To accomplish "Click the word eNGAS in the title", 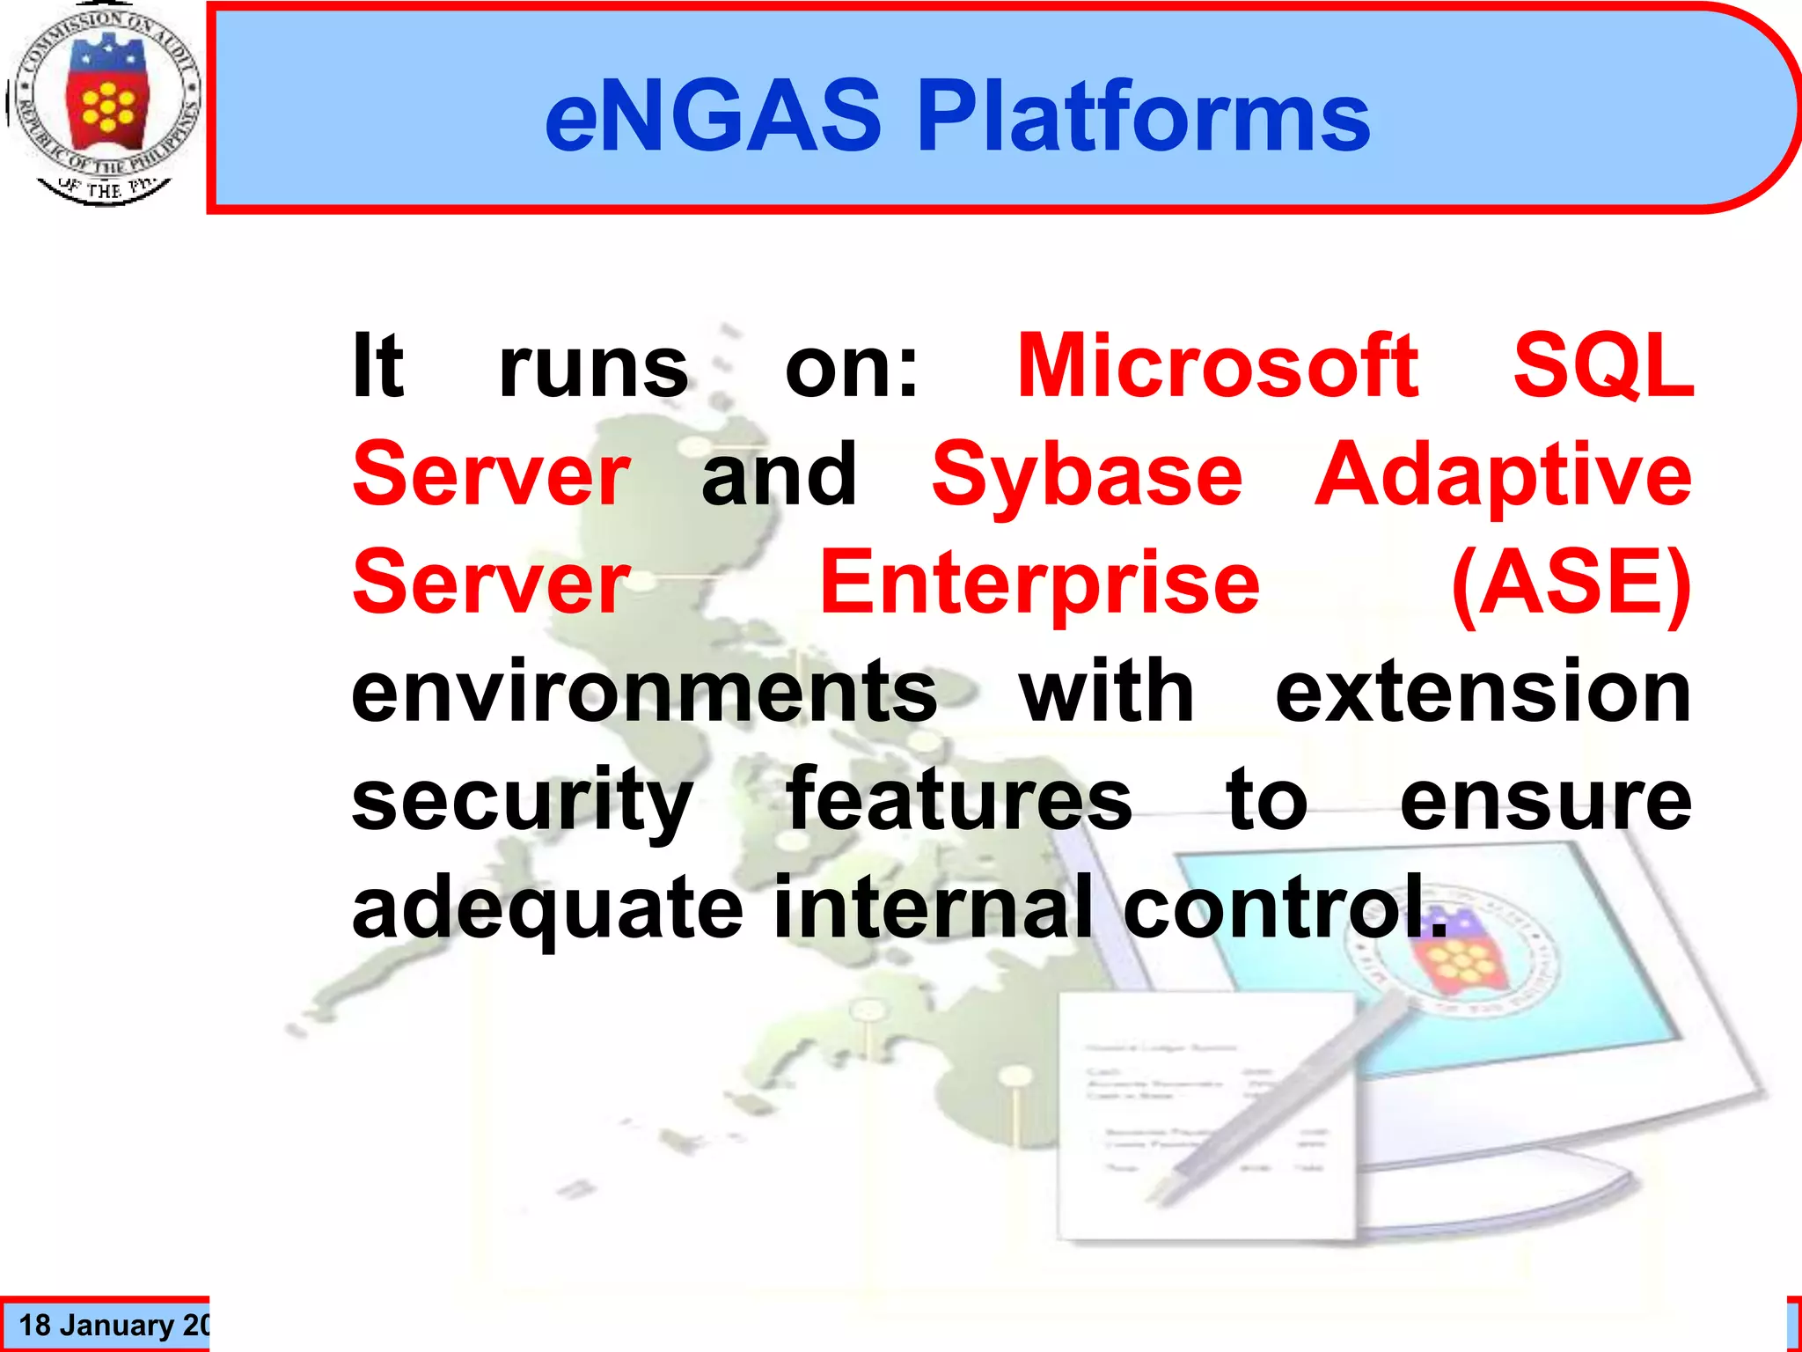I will click(x=713, y=116).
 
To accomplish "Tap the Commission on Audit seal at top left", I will click(x=105, y=104).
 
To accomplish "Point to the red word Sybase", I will click(x=1087, y=475).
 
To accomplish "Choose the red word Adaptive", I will click(x=1503, y=475).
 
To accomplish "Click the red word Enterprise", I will click(x=1039, y=583).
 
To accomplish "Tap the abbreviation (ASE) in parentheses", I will click(x=1571, y=583).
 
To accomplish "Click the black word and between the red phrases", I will click(x=779, y=475).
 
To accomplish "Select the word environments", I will click(x=644, y=692).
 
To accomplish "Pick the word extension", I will click(x=1483, y=692).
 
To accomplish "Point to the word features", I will click(x=959, y=799).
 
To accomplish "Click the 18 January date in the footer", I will click(x=110, y=1325).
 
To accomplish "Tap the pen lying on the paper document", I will click(x=1276, y=1100).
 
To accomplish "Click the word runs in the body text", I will click(x=593, y=367).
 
